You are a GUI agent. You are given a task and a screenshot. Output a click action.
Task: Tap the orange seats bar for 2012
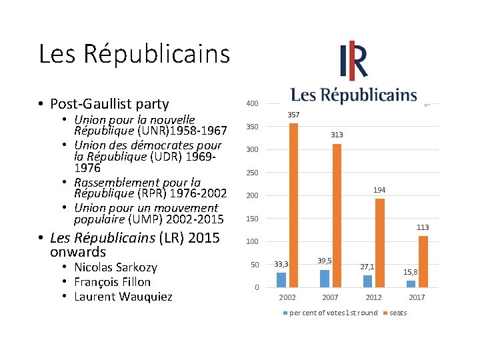pyautogui.click(x=380, y=243)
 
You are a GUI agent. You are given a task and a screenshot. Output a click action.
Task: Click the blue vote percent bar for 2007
pyautogui.click(x=325, y=278)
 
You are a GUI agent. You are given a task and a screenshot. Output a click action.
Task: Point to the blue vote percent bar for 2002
pyautogui.click(x=281, y=280)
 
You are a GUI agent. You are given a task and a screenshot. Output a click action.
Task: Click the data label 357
pyautogui.click(x=293, y=115)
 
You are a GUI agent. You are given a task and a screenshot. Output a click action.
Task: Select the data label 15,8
pyautogui.click(x=411, y=272)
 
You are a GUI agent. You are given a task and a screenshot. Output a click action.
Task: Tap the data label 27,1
pyautogui.click(x=367, y=267)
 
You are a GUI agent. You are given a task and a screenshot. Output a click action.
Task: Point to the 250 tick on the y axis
pyautogui.click(x=252, y=173)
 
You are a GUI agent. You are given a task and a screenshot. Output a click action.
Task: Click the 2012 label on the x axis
pyautogui.click(x=373, y=297)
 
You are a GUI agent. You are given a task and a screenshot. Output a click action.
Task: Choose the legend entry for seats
pyautogui.click(x=398, y=313)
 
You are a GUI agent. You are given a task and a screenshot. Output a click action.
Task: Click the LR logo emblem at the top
pyautogui.click(x=353, y=61)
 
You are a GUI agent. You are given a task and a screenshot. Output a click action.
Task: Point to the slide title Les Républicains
pyautogui.click(x=134, y=54)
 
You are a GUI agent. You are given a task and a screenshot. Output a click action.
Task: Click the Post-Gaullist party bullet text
pyautogui.click(x=109, y=104)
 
